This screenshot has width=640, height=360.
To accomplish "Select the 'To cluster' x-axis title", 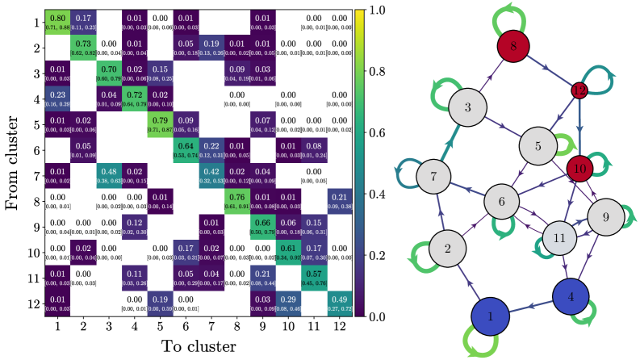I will (x=198, y=347).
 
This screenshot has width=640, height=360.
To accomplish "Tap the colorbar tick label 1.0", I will (x=381, y=10).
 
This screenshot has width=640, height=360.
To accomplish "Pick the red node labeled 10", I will (x=582, y=169).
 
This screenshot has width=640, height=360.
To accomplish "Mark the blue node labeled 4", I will (x=571, y=297).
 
